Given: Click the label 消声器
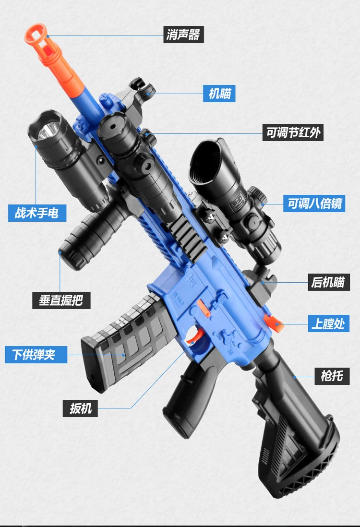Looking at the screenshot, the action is [183, 35].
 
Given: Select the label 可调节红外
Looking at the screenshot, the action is [293, 132].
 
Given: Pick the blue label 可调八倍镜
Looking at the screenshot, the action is [314, 203].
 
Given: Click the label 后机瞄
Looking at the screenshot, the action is [328, 282].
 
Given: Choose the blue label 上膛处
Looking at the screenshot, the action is [328, 323].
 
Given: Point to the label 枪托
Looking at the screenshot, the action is [332, 375].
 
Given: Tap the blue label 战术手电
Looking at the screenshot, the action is [37, 213].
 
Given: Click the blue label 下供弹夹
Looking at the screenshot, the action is [36, 355].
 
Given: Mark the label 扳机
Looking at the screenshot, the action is [80, 408].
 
